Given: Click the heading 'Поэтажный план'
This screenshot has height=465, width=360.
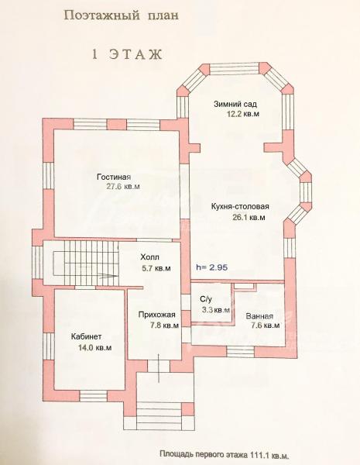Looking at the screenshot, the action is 122,16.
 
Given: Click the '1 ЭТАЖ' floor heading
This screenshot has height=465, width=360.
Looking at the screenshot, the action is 128,54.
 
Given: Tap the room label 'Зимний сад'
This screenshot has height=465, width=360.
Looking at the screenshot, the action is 235,104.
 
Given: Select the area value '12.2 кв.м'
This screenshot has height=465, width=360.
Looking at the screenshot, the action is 243,114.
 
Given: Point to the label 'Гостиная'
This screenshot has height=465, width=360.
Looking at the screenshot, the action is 114,177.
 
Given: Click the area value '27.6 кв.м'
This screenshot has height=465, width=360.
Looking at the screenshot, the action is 123,187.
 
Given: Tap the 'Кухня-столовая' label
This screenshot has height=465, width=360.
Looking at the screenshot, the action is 240,206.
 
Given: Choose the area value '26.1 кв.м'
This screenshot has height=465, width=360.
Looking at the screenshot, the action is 249,217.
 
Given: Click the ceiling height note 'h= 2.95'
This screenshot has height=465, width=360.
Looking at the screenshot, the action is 212,267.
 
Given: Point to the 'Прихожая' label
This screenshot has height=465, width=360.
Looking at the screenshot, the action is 157,315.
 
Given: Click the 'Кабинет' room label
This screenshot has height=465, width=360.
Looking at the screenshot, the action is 86,336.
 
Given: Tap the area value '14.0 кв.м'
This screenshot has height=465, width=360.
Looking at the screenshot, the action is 94,347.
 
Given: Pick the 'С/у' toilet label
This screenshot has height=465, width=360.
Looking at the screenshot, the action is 206,298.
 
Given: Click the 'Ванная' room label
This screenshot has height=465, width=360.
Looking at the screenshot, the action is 259,316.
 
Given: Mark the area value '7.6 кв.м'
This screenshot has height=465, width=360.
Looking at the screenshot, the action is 266,325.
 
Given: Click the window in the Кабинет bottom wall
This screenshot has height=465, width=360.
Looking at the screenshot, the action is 94,396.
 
